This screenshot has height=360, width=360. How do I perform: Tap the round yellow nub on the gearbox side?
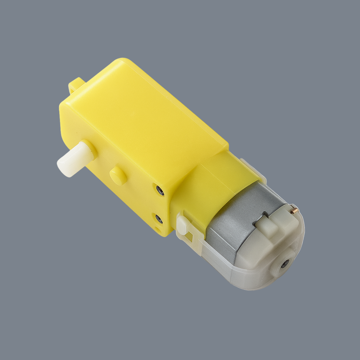pos(118,176)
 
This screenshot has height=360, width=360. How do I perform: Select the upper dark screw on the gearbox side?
pos(160,191)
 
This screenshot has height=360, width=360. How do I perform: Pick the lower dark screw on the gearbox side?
pos(159,219)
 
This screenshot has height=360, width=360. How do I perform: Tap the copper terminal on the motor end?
pos(294,211)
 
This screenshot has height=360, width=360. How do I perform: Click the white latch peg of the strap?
pos(183,224)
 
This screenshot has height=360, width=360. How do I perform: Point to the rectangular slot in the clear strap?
pos(189,237)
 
